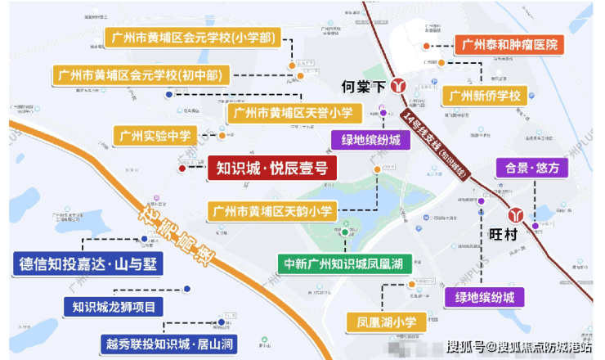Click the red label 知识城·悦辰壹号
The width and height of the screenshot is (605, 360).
(x=270, y=169)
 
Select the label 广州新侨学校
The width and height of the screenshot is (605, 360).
(x=485, y=96)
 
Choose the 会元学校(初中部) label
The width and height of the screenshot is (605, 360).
(x=141, y=75)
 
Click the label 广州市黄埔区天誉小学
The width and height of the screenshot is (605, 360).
(x=291, y=112)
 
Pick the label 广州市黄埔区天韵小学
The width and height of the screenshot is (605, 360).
(x=272, y=211)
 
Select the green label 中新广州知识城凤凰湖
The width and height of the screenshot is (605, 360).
(x=343, y=263)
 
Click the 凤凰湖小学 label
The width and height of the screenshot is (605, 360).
(x=381, y=320)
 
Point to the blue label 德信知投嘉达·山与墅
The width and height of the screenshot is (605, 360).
(x=89, y=264)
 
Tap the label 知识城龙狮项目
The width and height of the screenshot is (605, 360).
(x=114, y=308)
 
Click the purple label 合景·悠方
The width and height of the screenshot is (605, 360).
(x=531, y=169)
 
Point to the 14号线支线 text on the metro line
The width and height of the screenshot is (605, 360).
(x=419, y=129)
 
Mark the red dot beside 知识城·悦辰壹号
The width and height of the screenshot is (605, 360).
(x=182, y=169)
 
